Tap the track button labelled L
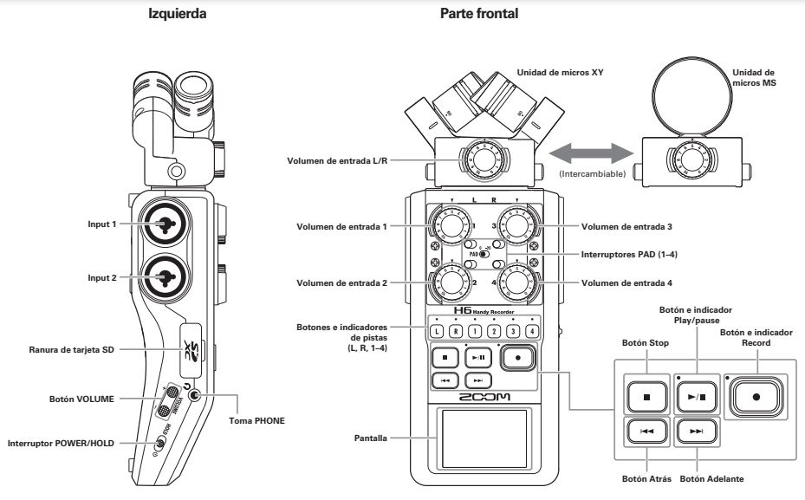pyautogui.click(x=436, y=330)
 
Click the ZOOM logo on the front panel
pyautogui.click(x=482, y=397)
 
